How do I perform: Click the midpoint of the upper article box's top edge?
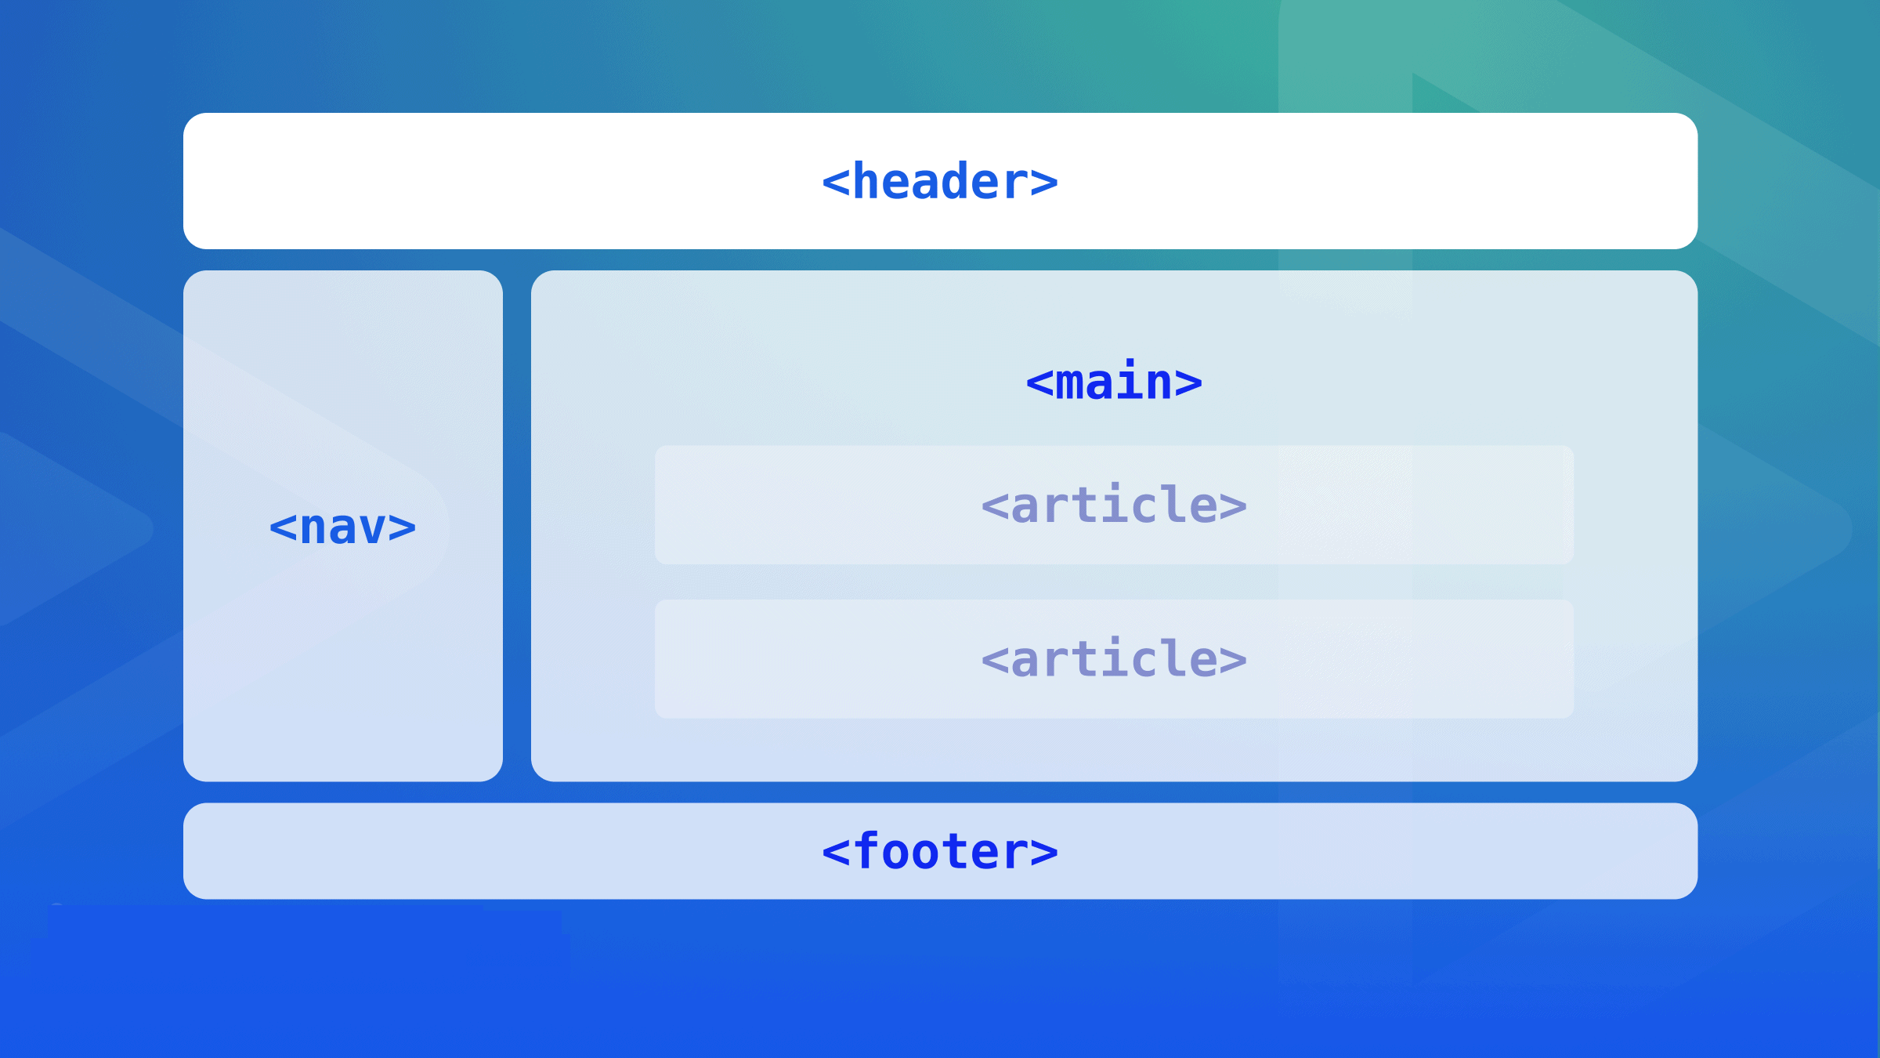(1114, 446)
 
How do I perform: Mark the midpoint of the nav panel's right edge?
(503, 526)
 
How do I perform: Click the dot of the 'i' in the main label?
(1130, 364)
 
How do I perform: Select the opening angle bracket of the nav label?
(283, 527)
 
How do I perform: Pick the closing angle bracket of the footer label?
(1044, 852)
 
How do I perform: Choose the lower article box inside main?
(1114, 659)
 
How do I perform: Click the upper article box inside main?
(1114, 505)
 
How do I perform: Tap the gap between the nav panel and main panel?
(517, 526)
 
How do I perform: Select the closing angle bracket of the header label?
(1044, 183)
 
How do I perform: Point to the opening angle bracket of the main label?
(1039, 383)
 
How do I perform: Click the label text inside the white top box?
(940, 181)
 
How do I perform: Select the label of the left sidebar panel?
(342, 527)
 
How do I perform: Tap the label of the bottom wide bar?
(940, 851)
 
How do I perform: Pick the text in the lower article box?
(1114, 658)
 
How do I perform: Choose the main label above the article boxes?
(1114, 381)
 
